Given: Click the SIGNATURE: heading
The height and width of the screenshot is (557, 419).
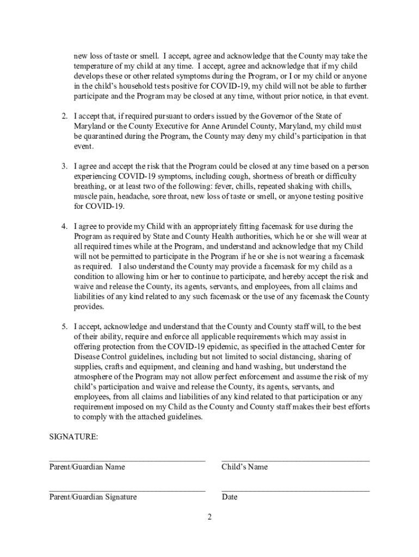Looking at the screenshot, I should tap(73, 437).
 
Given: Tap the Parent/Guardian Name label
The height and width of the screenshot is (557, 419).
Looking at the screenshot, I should tap(87, 467).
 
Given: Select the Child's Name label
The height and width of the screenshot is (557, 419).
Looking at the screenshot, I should tap(244, 467).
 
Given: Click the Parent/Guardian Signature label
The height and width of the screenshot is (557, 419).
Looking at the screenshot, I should tap(93, 497).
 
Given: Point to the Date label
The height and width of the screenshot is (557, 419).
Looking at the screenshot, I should tap(229, 497).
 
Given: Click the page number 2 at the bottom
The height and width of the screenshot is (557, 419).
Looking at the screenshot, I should tap(209, 517).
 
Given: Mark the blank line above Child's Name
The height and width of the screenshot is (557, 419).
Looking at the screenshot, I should tap(295, 460).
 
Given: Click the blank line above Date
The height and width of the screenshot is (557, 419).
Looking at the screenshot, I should tap(295, 490).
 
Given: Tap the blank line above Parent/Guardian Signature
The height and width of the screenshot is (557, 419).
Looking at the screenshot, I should tap(127, 490).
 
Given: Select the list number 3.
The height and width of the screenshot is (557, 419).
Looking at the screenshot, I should tap(64, 166).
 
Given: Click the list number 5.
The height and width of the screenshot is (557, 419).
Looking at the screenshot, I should tap(64, 327).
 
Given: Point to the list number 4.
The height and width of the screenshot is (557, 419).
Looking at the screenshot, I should tap(64, 226).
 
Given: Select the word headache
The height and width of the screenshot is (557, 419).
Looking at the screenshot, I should tap(131, 196).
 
